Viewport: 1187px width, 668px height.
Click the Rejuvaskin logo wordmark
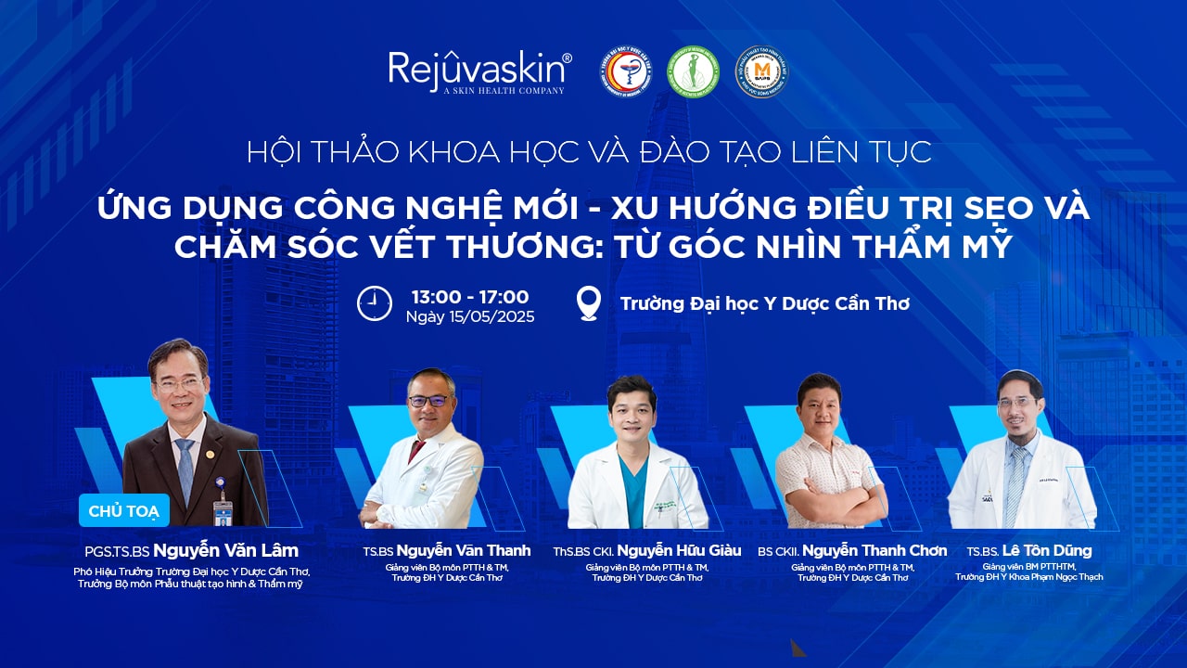point(479,69)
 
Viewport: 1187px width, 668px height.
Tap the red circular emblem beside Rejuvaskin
point(626,71)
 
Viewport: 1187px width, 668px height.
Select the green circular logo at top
point(695,71)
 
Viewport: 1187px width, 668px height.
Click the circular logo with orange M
point(760,71)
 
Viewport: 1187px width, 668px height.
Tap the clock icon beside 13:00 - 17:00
point(375,303)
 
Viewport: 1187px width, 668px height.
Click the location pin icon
point(588,303)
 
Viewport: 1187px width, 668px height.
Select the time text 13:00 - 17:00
point(470,297)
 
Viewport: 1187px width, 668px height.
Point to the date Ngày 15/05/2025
point(470,317)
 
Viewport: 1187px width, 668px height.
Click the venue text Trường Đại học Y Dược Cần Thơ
point(764,303)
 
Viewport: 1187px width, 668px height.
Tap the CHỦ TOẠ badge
point(124,509)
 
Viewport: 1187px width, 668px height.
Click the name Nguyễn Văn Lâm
point(225,551)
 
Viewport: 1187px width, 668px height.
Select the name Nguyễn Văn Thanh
point(463,551)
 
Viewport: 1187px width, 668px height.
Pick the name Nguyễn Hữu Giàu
point(679,551)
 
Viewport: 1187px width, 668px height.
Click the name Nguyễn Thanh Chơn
point(874,551)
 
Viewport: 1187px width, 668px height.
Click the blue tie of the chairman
point(185,469)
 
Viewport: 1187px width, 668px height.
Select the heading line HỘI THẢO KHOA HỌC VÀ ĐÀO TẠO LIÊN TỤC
point(589,152)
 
